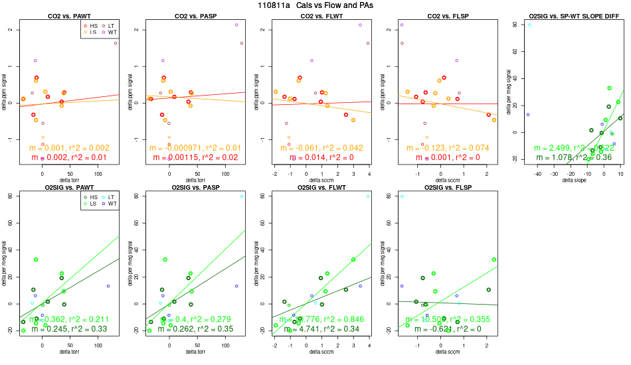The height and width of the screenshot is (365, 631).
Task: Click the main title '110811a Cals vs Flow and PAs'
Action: point(315,5)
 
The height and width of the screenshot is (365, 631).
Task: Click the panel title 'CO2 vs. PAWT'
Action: point(65,15)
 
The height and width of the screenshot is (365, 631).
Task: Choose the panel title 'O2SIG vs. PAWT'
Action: point(65,188)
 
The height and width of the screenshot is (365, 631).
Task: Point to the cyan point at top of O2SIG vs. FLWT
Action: point(368,196)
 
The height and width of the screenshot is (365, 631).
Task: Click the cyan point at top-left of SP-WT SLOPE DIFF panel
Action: point(529,25)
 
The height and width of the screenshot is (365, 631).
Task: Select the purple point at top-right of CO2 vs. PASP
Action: point(236,25)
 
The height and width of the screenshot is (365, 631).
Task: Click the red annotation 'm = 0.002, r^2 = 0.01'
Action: point(65,157)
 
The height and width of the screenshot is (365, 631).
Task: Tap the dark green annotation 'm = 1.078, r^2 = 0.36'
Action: point(575,157)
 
